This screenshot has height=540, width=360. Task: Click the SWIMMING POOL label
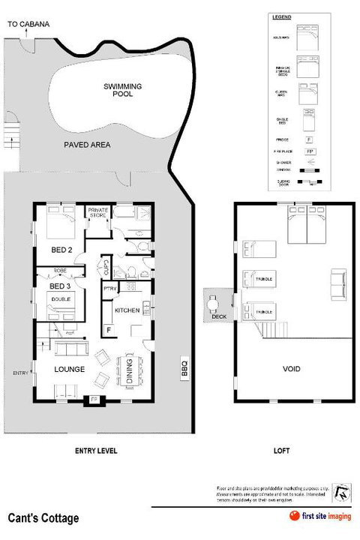coord(122,91)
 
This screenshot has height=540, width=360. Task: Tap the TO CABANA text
coord(28,25)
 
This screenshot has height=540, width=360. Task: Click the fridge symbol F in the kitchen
coord(109,329)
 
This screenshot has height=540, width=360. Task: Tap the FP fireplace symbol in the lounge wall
coord(94,400)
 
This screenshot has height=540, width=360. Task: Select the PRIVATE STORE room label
coord(98,212)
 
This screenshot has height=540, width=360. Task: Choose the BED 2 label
coord(60,249)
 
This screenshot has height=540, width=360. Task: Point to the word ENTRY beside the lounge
coord(20,373)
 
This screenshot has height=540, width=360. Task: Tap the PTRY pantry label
coord(109,288)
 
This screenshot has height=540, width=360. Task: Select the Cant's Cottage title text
coord(43,518)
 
